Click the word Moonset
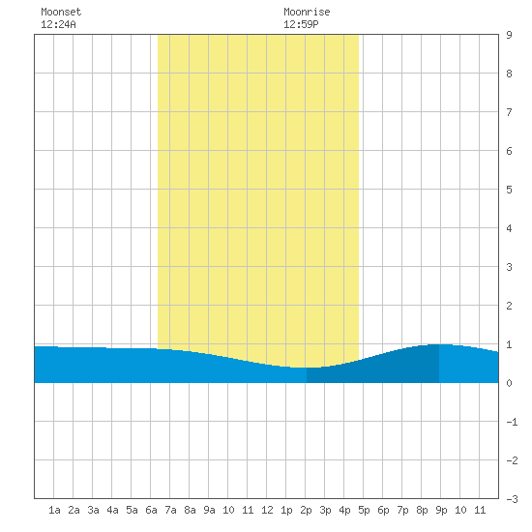tap(61, 12)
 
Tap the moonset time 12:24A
tap(58, 24)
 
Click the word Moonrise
tap(307, 12)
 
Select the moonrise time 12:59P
tap(301, 24)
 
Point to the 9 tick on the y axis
tap(509, 35)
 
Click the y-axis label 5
tap(509, 190)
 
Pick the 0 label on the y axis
tap(509, 383)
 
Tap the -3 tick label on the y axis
tap(512, 499)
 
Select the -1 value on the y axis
tap(512, 422)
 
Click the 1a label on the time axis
tap(54, 510)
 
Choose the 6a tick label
tap(151, 510)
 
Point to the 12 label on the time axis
tap(267, 510)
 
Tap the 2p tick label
tap(306, 510)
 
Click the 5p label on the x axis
tap(364, 510)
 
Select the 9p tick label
tap(441, 510)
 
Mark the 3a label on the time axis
tap(93, 510)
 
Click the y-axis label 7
tap(509, 112)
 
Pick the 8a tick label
tap(190, 510)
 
